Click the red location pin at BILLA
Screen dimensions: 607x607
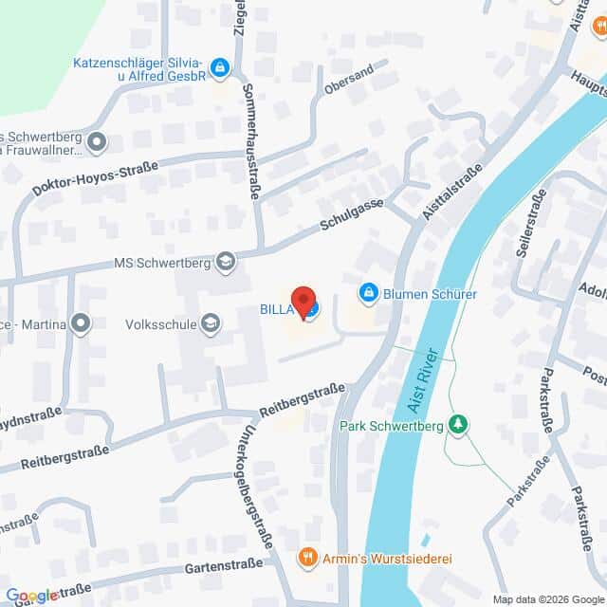coord(303,301)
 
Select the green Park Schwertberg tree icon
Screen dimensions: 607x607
coord(458,424)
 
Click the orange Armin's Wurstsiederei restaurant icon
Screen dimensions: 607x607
coord(306,557)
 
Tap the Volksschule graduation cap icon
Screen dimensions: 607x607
coord(211,324)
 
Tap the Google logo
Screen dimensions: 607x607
coord(32,596)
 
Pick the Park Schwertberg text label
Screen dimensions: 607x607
coord(391,425)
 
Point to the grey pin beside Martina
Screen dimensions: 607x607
coord(82,324)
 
